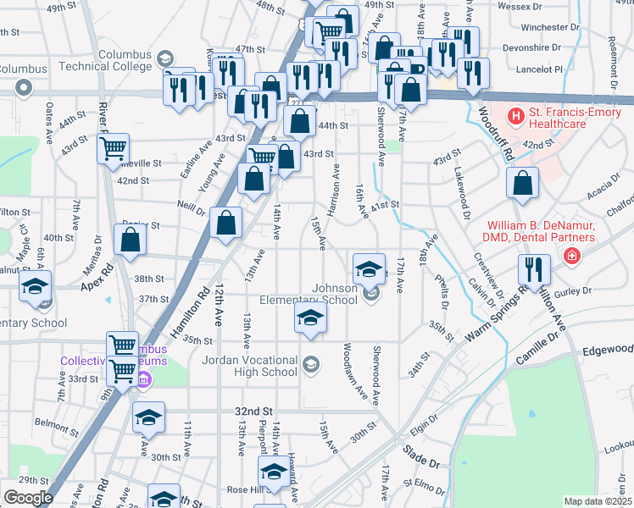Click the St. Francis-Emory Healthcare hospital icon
[x=514, y=114]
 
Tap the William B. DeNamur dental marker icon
[x=573, y=254]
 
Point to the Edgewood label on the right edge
[x=608, y=349]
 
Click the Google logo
[x=28, y=498]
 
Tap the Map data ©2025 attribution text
[x=598, y=501]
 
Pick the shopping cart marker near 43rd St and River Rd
[x=113, y=149]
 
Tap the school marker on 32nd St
[x=148, y=417]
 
